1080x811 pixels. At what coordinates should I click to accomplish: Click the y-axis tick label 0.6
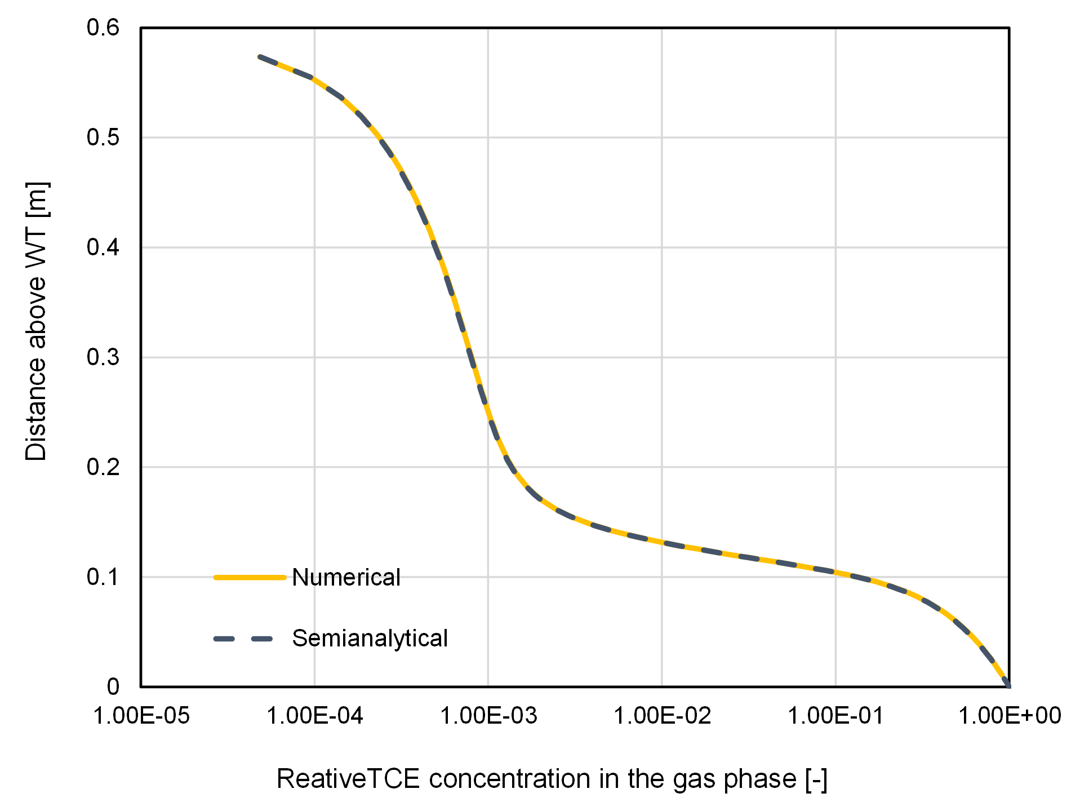(103, 28)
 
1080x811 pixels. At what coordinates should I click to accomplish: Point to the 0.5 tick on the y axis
(103, 138)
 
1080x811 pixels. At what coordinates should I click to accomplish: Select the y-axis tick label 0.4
(103, 247)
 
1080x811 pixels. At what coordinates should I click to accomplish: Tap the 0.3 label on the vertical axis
(103, 357)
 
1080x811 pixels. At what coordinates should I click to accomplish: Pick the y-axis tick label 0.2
(103, 467)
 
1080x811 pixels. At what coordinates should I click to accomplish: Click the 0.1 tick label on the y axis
(103, 577)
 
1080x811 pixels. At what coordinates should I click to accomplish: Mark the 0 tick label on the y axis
(113, 686)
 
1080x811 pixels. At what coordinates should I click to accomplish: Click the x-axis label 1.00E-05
(141, 716)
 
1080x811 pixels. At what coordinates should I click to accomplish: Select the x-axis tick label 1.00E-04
(314, 716)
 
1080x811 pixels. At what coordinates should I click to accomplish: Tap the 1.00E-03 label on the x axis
(488, 716)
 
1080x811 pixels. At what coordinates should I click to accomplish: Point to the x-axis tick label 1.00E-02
(662, 716)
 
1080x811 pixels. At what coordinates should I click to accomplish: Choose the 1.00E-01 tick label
(835, 716)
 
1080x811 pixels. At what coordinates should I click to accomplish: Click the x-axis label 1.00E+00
(1010, 716)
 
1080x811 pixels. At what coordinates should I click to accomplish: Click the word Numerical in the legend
(346, 578)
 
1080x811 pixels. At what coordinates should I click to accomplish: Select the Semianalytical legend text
(370, 639)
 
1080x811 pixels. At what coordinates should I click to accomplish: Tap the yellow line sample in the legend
(250, 577)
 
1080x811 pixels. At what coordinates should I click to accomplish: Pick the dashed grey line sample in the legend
(243, 639)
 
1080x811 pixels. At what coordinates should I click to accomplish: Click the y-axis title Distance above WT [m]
(37, 321)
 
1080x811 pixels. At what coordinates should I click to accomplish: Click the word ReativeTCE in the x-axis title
(348, 779)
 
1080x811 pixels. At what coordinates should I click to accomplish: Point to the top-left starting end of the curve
(260, 57)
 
